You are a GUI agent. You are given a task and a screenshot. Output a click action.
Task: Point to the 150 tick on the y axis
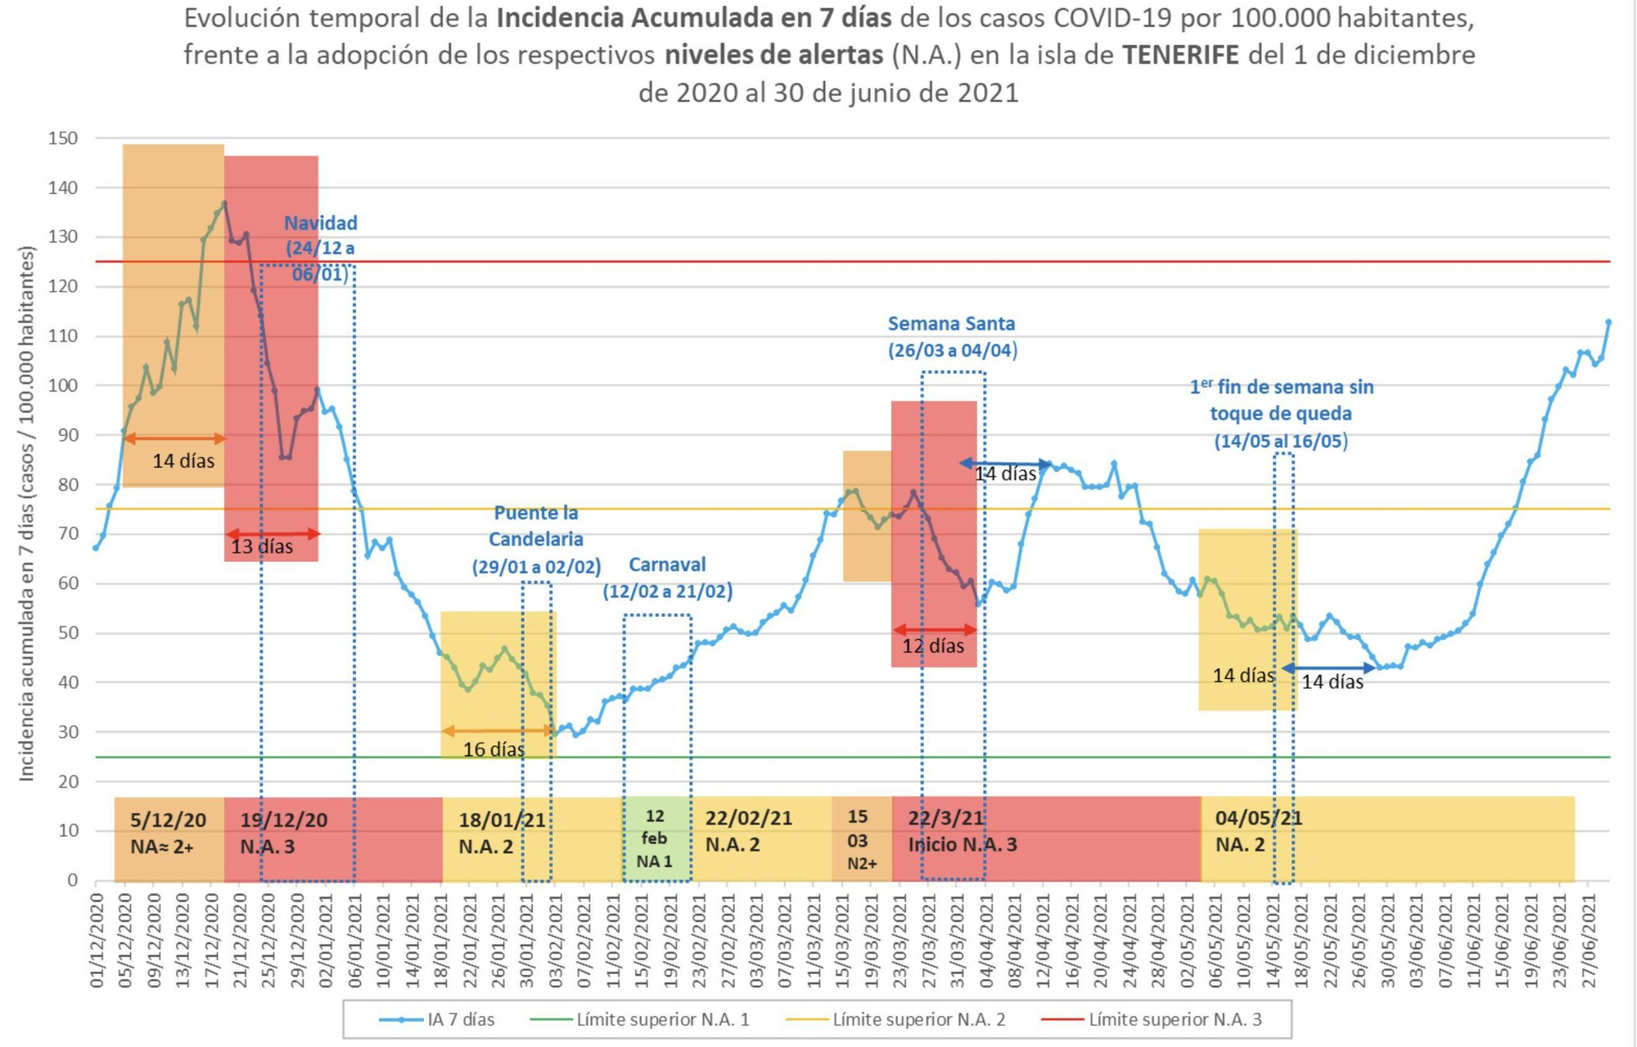click(x=63, y=138)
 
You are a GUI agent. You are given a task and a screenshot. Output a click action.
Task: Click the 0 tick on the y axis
click(x=72, y=880)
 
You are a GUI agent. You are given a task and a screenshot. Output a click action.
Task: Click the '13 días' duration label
click(x=262, y=546)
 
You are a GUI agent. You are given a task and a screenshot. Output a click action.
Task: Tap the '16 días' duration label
click(x=494, y=749)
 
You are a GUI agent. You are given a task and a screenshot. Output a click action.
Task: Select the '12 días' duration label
click(x=933, y=646)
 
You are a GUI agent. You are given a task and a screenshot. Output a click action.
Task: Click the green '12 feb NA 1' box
click(x=655, y=838)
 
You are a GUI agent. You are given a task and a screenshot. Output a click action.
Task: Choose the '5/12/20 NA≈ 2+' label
click(x=168, y=833)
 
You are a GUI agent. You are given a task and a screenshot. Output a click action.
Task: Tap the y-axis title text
click(x=27, y=513)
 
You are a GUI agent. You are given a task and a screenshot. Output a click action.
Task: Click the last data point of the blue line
click(x=1608, y=321)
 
